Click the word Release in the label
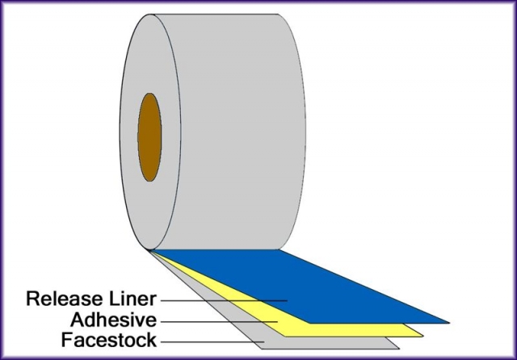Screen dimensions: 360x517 (x=65, y=299)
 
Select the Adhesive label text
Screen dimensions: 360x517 (x=113, y=320)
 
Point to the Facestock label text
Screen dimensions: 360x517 (x=109, y=341)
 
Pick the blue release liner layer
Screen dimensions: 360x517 (x=323, y=283)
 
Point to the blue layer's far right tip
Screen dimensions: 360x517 (x=448, y=320)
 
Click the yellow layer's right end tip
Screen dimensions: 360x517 (x=422, y=332)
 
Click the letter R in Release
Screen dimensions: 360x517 (x=33, y=299)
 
